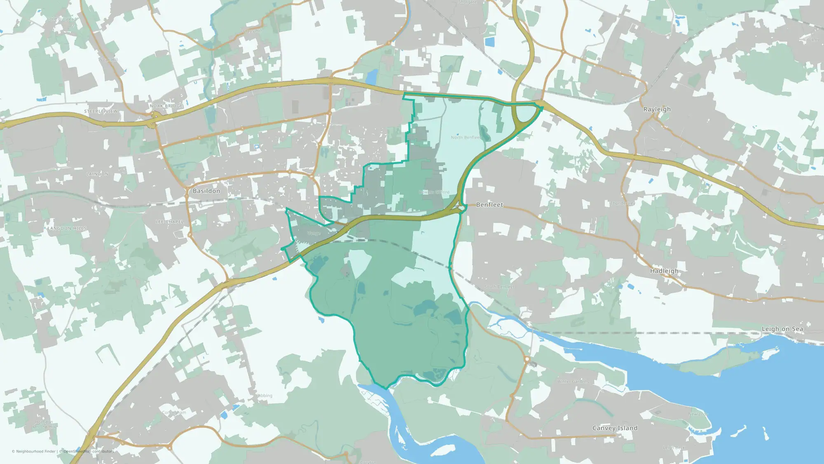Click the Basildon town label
coord(206,191)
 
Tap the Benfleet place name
coord(489,205)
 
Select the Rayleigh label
coord(657,109)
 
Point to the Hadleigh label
coord(664,271)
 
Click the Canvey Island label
coord(615,428)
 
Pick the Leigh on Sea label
coord(782,329)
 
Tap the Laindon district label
coord(98,174)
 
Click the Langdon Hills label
coord(67,228)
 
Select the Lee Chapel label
coord(170,222)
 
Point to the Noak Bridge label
coord(166,106)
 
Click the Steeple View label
coord(101,111)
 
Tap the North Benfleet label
coord(466,137)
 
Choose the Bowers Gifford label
coord(434,192)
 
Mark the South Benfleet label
coord(499,287)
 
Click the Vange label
coord(314,233)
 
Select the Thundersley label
coord(622,203)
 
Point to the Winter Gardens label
coord(573,382)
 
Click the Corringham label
coord(174,412)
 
